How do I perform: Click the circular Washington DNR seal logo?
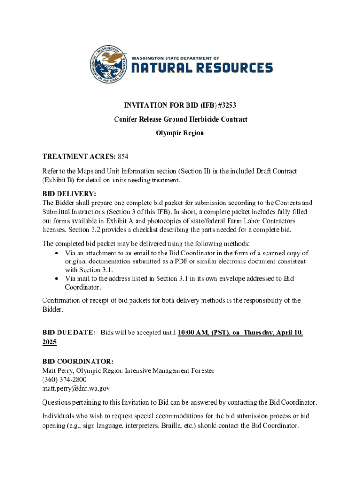[108, 66]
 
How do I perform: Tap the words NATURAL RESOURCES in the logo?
[202, 68]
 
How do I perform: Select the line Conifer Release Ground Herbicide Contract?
[180, 119]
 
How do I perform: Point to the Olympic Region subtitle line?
[180, 133]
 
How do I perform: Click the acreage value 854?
[123, 156]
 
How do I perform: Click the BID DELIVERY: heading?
[69, 194]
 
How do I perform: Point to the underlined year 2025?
[50, 342]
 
